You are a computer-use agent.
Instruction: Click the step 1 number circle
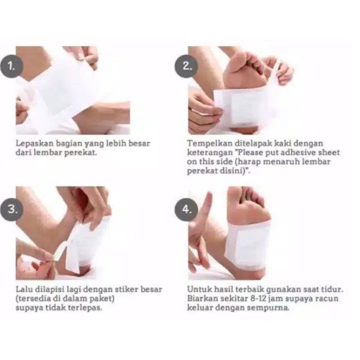[x=11, y=66]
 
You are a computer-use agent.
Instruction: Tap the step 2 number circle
[x=186, y=66]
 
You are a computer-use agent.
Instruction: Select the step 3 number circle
[x=11, y=209]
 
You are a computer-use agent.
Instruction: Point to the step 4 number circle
[x=186, y=209]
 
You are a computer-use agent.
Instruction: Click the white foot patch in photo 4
[x=249, y=245]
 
